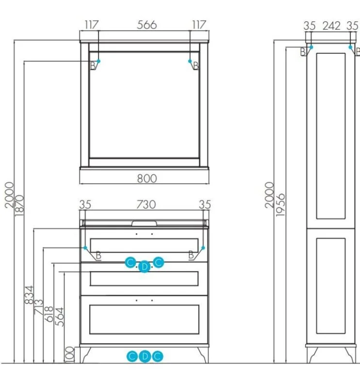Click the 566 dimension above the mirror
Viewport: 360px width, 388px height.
point(147,25)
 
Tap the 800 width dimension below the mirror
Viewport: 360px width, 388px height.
point(147,178)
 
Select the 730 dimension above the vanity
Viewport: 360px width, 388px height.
point(146,205)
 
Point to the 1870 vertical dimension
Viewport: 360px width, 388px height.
point(19,205)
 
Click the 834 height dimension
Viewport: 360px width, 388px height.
point(29,295)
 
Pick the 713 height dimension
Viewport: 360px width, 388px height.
point(39,307)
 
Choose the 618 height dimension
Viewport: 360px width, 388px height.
point(49,314)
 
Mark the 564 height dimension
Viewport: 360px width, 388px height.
point(59,317)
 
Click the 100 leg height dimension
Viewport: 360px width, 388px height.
point(69,355)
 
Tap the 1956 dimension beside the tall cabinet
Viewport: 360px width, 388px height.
point(281,205)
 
